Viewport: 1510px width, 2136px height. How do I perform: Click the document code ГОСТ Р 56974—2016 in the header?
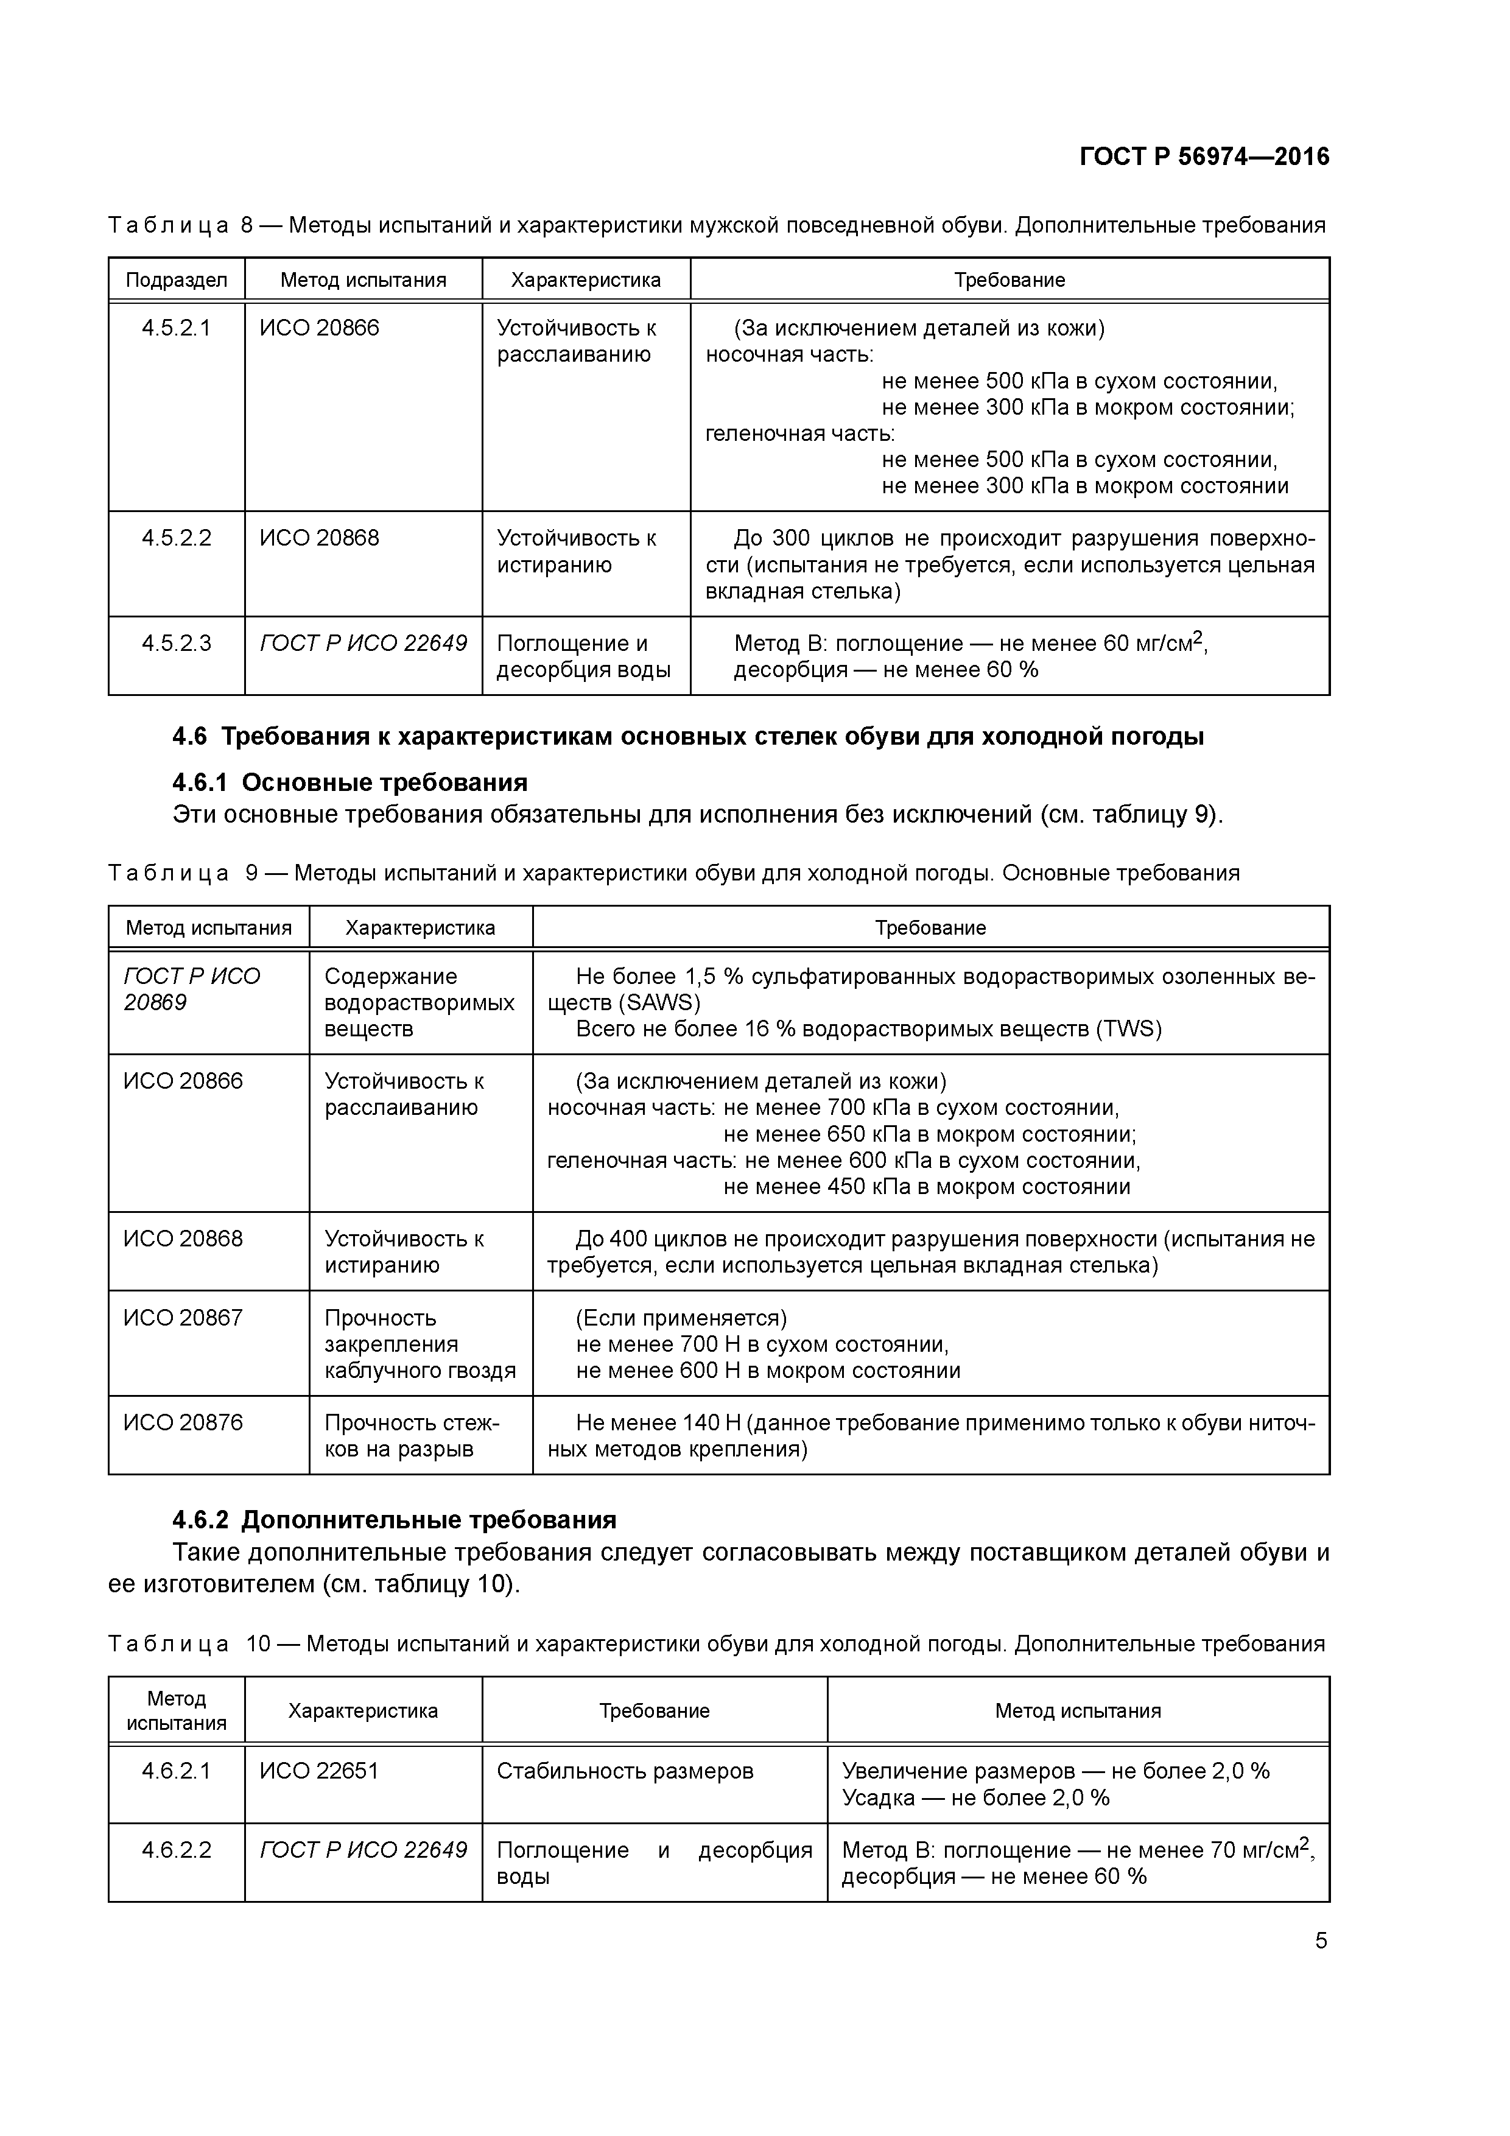(x=1204, y=156)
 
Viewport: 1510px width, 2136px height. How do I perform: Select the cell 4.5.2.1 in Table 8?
(x=176, y=328)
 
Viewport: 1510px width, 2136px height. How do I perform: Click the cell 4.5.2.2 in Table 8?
(x=176, y=538)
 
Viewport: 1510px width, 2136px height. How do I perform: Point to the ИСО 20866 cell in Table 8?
(x=319, y=328)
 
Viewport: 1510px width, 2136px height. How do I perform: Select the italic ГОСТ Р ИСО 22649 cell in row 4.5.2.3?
(x=363, y=643)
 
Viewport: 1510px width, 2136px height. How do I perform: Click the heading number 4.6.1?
(x=203, y=781)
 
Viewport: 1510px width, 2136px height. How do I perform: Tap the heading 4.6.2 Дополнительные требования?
(x=395, y=1519)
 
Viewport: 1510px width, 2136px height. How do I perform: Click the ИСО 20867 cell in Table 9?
(x=183, y=1317)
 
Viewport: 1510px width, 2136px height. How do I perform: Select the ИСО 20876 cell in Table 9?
(x=183, y=1422)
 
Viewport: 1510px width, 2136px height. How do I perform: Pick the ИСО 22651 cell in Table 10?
(x=319, y=1771)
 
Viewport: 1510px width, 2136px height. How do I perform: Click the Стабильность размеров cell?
(x=624, y=1771)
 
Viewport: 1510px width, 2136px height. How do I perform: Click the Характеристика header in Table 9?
(x=421, y=927)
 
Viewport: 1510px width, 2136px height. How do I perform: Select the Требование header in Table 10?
(x=654, y=1710)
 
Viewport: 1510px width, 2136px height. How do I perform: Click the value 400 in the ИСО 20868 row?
(x=628, y=1238)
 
